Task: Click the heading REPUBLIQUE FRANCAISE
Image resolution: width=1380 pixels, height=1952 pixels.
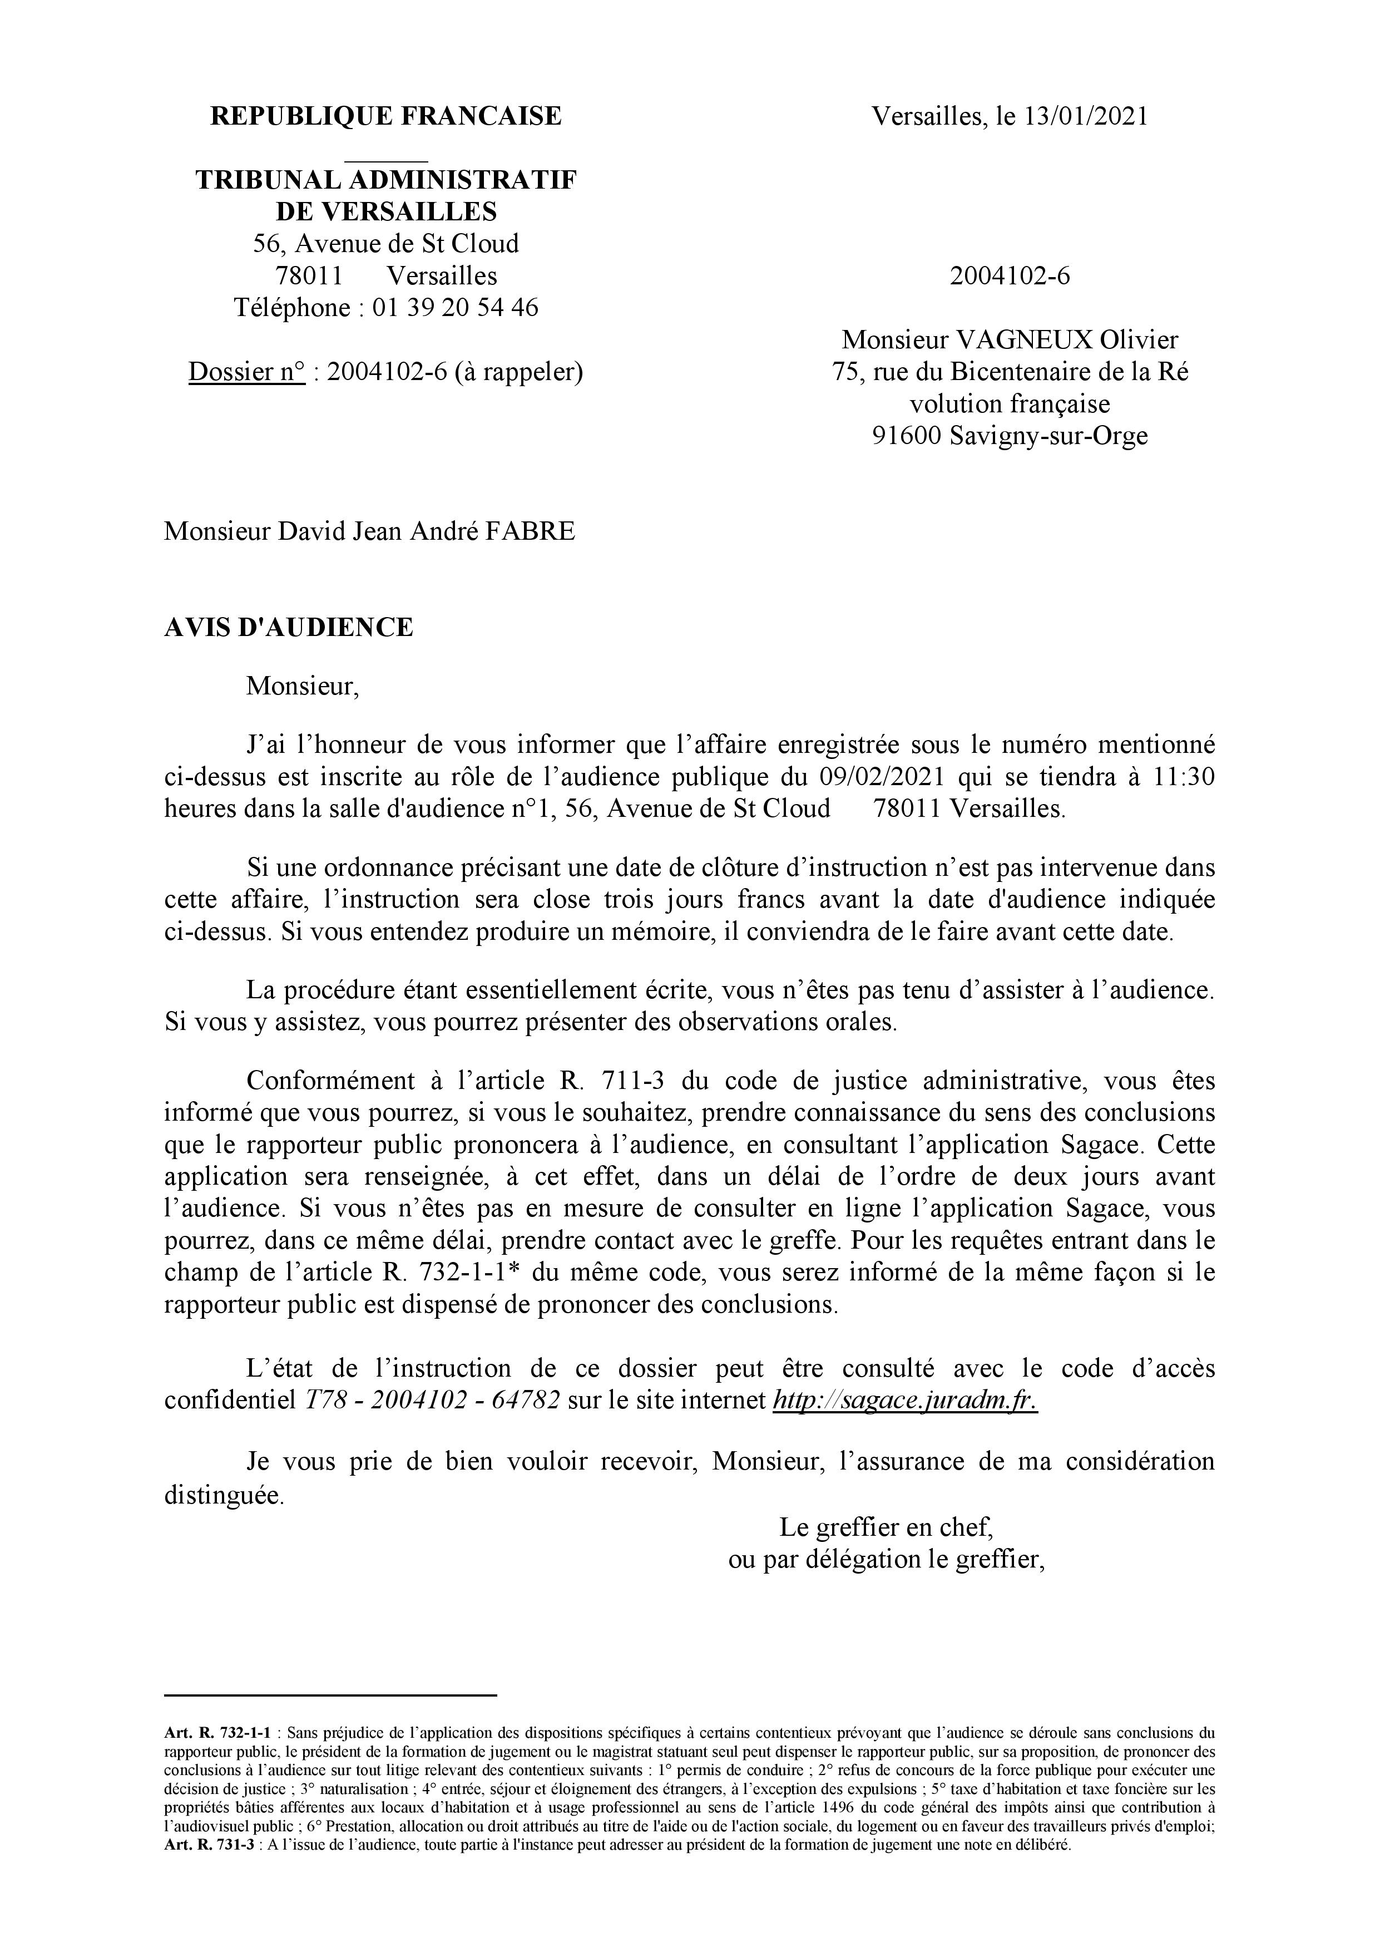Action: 386,116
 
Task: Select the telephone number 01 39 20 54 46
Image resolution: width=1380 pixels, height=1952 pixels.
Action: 454,308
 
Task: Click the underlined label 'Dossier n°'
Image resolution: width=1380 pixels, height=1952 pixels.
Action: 246,372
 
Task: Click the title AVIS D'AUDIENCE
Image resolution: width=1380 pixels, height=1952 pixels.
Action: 289,628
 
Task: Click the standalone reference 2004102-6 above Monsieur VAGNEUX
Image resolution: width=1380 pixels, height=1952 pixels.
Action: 1010,277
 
